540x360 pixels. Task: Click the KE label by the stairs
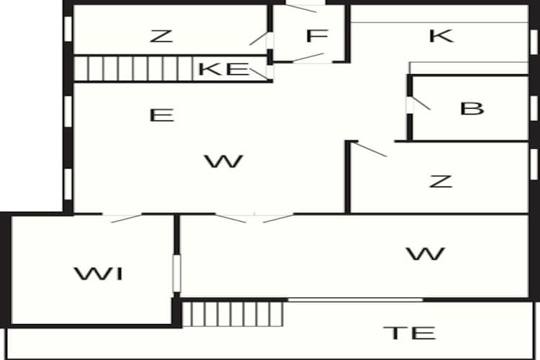224,69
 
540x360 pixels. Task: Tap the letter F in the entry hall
317,36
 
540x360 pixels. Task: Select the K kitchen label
441,36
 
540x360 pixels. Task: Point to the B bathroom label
472,109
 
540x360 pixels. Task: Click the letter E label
161,115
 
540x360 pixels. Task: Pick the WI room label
99,274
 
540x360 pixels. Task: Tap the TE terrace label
410,333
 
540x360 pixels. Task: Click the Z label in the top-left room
161,36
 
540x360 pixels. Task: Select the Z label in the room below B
441,181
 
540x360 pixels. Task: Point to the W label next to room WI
426,254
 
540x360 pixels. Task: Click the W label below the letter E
224,161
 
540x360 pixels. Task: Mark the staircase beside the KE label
134,68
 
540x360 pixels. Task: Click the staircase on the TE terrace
233,314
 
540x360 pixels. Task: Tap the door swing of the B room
420,104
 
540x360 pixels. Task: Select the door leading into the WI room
122,218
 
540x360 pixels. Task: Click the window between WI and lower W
176,274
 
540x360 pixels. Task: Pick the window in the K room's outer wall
534,42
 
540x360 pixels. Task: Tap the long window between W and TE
356,300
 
